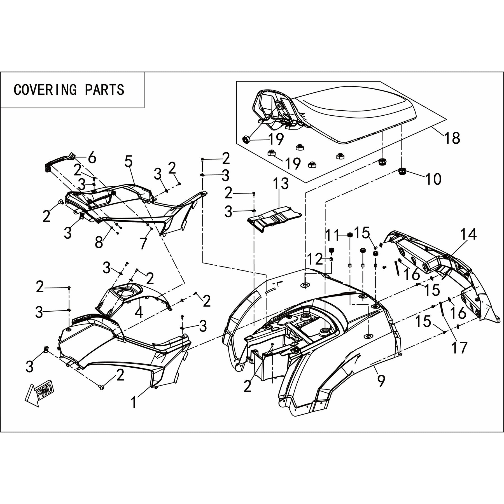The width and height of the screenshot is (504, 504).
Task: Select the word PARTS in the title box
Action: pyautogui.click(x=105, y=90)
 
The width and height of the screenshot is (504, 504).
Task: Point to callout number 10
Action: pyautogui.click(x=433, y=179)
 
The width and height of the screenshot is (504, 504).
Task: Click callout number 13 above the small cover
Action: pyautogui.click(x=281, y=184)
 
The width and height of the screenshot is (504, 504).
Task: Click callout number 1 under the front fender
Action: pyautogui.click(x=134, y=403)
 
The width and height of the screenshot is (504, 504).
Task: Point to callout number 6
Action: pyautogui.click(x=92, y=158)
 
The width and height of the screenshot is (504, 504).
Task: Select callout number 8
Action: pyautogui.click(x=99, y=242)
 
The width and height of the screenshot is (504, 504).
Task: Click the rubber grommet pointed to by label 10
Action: pyautogui.click(x=403, y=171)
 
